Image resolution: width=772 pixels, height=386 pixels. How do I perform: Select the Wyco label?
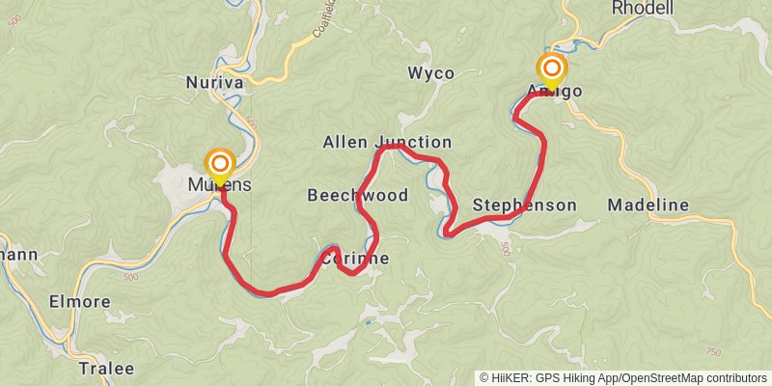[x=429, y=73]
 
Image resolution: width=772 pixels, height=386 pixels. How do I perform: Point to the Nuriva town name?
[x=214, y=84]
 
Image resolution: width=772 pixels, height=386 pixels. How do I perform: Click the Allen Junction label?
[x=386, y=143]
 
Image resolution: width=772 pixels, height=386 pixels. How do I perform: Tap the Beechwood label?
[x=357, y=196]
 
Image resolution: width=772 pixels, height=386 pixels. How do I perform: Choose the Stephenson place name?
[x=524, y=206]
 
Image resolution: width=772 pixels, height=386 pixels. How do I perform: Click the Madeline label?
[x=648, y=206]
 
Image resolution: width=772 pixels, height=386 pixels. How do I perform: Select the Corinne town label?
[x=354, y=259]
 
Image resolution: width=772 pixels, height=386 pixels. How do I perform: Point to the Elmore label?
[x=79, y=302]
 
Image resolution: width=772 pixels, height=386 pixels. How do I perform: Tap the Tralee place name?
[x=106, y=369]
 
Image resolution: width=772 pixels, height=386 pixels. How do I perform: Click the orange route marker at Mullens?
[x=220, y=163]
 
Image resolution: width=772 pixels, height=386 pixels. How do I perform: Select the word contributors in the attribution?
[x=738, y=378]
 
